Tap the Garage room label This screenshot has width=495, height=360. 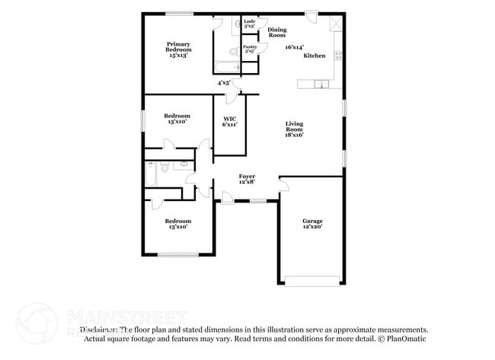[312, 224]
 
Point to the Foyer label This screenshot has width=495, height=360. [247, 178]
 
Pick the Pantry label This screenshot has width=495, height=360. [250, 49]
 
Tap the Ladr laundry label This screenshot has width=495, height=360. [248, 24]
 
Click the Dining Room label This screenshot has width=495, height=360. [276, 32]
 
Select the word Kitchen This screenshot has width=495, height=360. [315, 56]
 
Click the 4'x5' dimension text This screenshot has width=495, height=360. [224, 82]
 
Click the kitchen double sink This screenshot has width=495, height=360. [324, 83]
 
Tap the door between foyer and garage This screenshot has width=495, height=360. [283, 184]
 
